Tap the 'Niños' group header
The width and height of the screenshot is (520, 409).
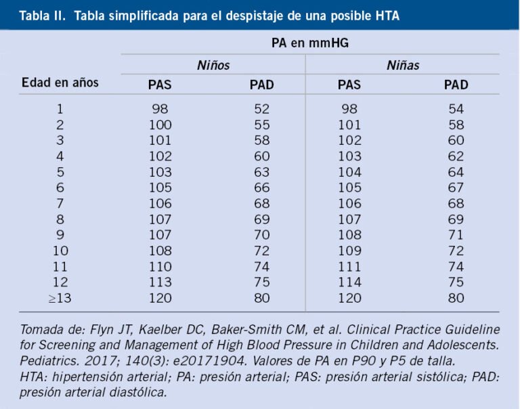tap(213, 66)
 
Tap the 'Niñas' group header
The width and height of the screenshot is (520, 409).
tap(403, 66)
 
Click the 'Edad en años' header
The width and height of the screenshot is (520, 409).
tap(60, 83)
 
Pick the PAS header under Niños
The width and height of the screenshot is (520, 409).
tap(160, 85)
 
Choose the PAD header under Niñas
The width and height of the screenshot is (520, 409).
tap(456, 85)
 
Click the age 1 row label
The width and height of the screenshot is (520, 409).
tap(60, 109)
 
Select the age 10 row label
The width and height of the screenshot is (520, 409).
tap(60, 251)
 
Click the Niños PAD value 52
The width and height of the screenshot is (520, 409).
tap(262, 109)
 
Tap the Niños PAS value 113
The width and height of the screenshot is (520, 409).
tap(160, 282)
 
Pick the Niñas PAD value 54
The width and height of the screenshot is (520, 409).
tap(456, 109)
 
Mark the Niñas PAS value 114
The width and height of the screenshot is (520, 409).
tap(349, 282)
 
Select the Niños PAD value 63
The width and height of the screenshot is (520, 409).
tap(262, 172)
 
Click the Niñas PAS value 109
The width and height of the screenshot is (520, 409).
tap(349, 251)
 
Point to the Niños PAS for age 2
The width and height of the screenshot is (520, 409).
tap(160, 125)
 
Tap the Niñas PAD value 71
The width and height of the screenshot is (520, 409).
tap(456, 235)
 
